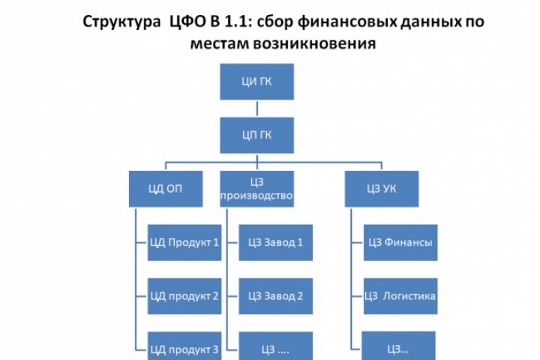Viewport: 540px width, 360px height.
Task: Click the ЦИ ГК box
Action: point(257,82)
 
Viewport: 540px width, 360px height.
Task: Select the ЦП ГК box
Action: point(257,135)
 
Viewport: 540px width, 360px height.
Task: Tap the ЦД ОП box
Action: point(165,189)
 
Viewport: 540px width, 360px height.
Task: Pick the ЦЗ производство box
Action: point(257,189)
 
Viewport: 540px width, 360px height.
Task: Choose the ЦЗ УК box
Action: point(381,189)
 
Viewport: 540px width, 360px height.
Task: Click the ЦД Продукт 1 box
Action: point(184,242)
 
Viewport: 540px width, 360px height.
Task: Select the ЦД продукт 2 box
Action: point(184,295)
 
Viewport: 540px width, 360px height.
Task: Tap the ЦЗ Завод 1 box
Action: point(275,242)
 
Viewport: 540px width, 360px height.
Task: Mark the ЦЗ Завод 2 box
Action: point(275,295)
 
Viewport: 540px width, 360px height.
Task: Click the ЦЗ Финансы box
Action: point(400,242)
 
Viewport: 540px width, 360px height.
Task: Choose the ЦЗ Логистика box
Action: point(400,295)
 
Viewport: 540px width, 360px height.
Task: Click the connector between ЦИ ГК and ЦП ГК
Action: point(257,109)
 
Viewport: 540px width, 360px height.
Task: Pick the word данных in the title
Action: point(412,21)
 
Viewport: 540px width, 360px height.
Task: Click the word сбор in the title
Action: point(269,21)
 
